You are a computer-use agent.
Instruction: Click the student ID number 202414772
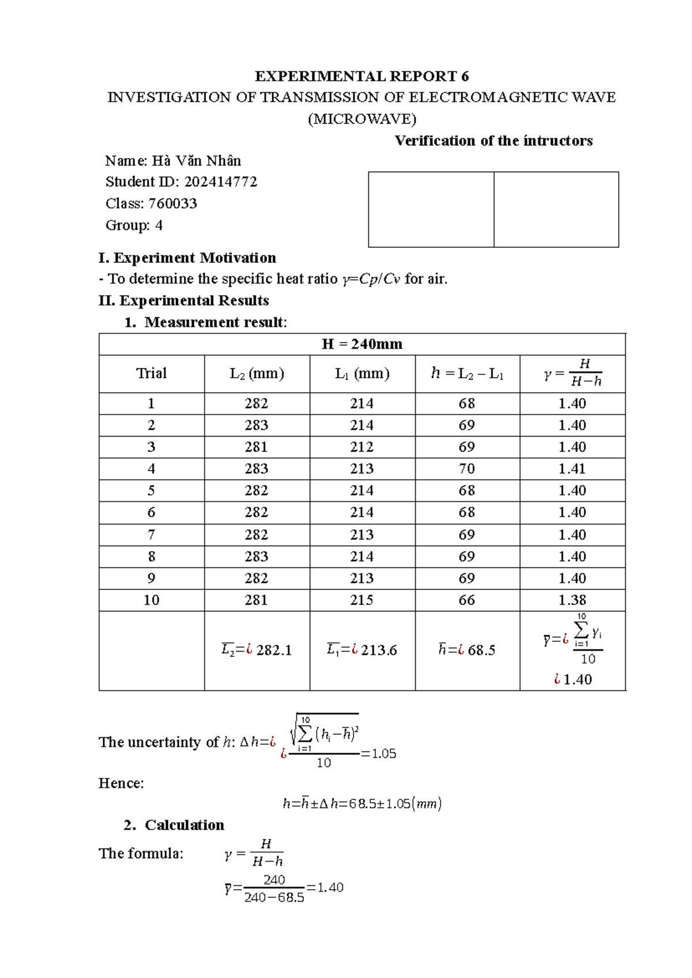click(220, 182)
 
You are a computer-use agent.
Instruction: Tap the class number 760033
click(172, 204)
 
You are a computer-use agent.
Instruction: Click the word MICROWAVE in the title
click(362, 119)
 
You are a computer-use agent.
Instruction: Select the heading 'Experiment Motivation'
click(194, 258)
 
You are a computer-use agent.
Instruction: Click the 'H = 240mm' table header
click(362, 344)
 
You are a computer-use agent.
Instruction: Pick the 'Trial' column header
click(151, 374)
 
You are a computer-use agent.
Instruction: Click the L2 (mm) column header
click(257, 374)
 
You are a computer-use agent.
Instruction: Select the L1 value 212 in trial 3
click(362, 447)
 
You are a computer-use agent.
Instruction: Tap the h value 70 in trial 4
click(467, 469)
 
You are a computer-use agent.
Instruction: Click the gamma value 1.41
click(572, 469)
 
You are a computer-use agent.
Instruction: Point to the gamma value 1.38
click(572, 600)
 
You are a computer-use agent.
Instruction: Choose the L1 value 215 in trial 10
click(362, 600)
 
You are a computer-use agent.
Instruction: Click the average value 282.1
click(274, 650)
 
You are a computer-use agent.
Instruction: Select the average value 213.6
click(379, 650)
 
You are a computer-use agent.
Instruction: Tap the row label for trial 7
click(151, 535)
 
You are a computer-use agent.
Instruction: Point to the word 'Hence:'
click(121, 783)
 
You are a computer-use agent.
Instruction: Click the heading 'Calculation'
click(184, 825)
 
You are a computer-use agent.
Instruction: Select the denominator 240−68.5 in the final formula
click(274, 898)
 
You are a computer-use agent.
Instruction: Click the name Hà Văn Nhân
click(196, 161)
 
